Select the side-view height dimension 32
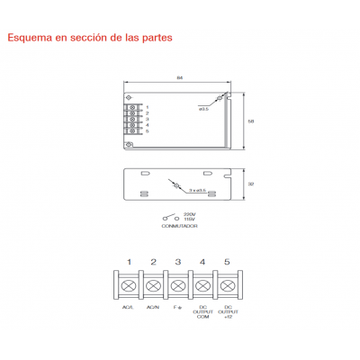252,184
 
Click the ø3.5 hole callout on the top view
203,110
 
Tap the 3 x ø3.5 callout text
197,190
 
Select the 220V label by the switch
188,213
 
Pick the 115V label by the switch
188,219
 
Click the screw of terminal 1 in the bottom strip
129,285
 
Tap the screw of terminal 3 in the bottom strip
178,285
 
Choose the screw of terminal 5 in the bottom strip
227,285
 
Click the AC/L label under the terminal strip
128,308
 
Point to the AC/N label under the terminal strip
153,308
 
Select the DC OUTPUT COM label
202,312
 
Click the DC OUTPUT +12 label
228,312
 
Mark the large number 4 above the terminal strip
202,262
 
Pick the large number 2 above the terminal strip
153,262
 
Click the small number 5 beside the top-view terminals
147,130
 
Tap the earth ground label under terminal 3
178,308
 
